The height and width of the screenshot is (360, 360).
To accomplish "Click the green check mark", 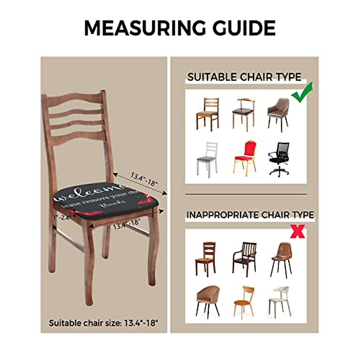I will coord(302,93).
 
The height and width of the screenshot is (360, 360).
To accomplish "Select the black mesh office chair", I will coord(279,158).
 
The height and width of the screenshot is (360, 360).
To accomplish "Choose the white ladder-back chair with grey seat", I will coord(208,158).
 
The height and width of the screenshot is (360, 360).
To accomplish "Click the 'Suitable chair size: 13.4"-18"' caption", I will coord(103,323).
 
